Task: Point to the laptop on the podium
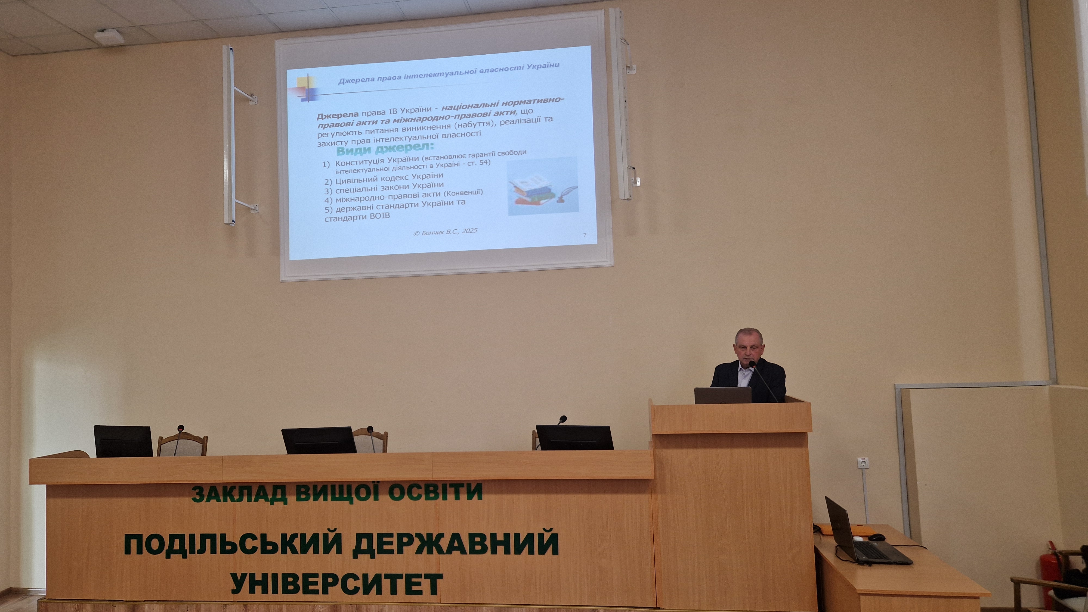coord(723,395)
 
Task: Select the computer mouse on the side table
coord(876,537)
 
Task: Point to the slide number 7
coord(585,235)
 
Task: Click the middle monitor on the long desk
coord(319,440)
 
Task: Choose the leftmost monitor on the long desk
coord(123,441)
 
